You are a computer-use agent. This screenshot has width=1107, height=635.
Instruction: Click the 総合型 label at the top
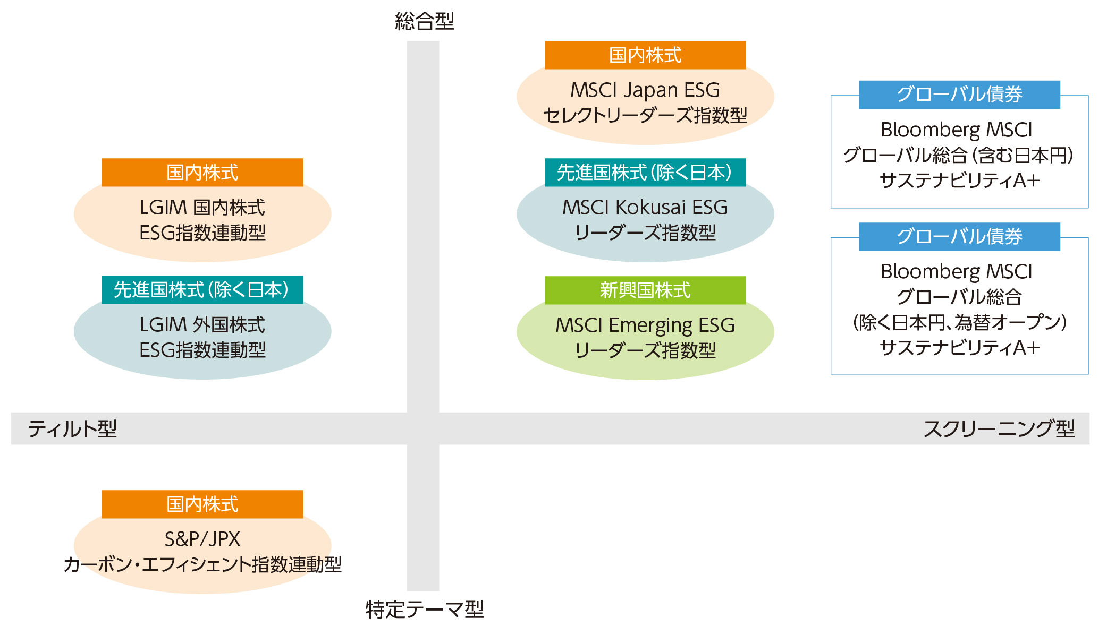point(424,21)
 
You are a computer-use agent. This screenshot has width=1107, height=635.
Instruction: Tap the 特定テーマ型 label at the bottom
point(424,609)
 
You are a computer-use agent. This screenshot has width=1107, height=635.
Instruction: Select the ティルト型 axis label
point(72,428)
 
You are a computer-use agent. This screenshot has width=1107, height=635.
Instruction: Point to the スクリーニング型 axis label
point(999,428)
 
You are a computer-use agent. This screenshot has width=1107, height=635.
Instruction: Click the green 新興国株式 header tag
point(645,290)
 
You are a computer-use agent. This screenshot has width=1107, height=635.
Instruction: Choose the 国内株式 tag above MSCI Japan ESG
point(645,55)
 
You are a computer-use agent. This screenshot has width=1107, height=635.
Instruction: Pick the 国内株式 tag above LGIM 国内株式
point(202,173)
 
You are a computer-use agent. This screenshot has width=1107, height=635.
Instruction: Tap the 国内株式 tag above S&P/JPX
point(202,504)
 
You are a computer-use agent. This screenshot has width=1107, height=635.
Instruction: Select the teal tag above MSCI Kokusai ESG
point(645,173)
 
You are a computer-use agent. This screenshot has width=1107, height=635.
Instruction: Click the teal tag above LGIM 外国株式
point(202,290)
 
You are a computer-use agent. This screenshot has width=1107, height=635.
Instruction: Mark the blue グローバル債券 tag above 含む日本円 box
point(959,95)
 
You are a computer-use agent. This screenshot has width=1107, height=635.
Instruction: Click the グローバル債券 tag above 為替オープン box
point(959,236)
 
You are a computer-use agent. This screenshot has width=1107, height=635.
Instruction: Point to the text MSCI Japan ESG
point(645,90)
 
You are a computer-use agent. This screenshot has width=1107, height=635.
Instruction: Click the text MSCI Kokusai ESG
point(645,208)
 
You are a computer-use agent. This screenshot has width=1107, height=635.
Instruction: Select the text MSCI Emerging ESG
point(645,325)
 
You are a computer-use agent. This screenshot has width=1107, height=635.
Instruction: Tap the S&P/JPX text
point(202,539)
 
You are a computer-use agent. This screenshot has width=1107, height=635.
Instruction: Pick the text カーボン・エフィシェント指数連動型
point(202,564)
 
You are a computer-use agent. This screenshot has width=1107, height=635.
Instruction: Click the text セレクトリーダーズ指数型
point(645,115)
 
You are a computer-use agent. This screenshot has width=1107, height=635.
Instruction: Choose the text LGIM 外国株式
point(202,325)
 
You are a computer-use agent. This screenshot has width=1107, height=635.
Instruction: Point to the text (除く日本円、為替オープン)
point(959,322)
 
